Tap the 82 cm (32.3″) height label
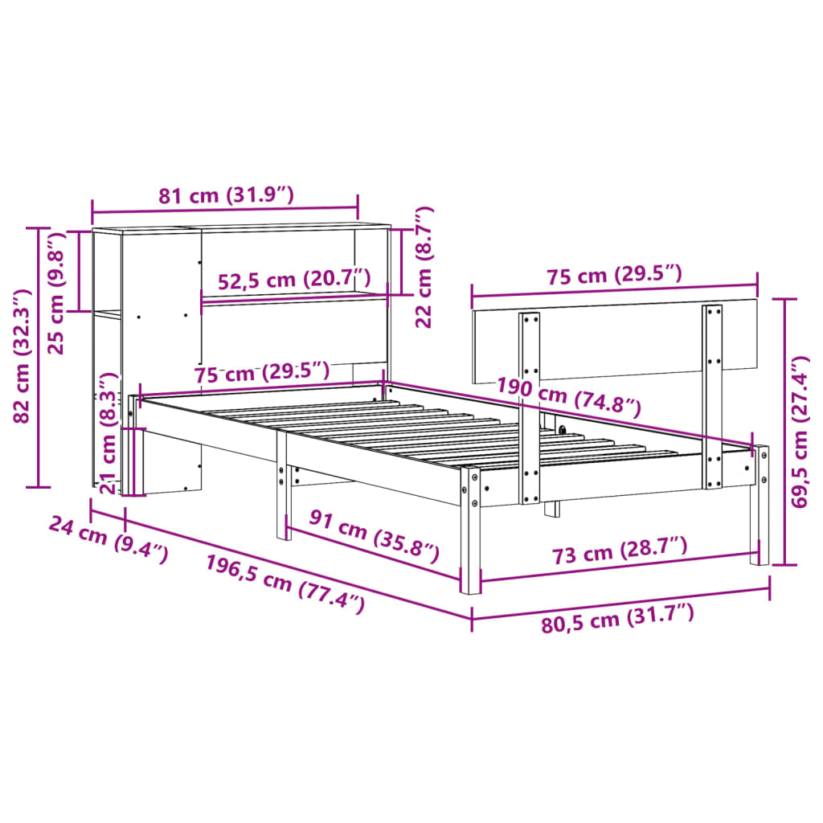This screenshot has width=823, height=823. [23, 356]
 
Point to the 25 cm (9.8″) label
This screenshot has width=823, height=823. [55, 293]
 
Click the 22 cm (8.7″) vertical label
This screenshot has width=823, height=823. [424, 268]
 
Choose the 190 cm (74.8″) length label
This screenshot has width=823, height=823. [568, 394]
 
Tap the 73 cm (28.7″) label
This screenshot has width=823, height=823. [619, 551]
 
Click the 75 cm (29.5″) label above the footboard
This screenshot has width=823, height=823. [614, 275]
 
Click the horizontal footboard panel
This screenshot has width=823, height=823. [615, 338]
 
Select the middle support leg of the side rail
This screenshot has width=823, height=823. [282, 490]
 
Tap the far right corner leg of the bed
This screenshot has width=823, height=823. [760, 506]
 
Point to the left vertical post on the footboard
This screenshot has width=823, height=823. [530, 406]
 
